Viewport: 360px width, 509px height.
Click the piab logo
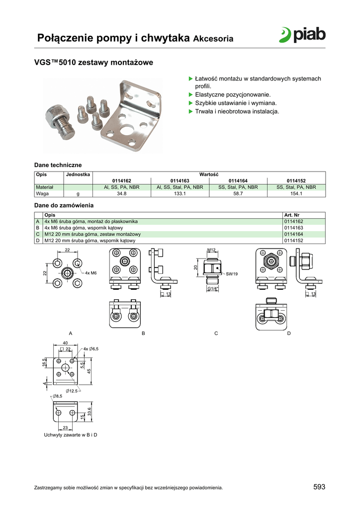[302, 35]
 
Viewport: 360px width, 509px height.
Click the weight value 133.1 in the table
[180, 193]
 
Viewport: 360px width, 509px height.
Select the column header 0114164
[238, 181]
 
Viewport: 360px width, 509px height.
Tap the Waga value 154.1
[296, 193]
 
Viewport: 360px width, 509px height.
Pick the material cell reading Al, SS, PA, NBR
[122, 187]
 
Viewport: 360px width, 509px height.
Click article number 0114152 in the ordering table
[294, 241]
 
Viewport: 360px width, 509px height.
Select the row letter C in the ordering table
[38, 234]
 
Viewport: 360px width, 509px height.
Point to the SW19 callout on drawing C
[232, 274]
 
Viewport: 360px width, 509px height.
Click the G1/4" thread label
[213, 289]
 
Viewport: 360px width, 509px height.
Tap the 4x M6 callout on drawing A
[91, 273]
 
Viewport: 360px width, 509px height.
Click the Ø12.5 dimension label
[72, 391]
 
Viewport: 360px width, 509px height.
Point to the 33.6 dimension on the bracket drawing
[90, 412]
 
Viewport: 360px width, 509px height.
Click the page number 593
[319, 487]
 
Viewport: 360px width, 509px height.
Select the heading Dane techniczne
[58, 165]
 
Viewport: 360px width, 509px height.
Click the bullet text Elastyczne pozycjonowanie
[233, 95]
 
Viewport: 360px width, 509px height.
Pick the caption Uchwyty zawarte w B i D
[71, 435]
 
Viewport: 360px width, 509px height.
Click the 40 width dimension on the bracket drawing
[65, 343]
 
